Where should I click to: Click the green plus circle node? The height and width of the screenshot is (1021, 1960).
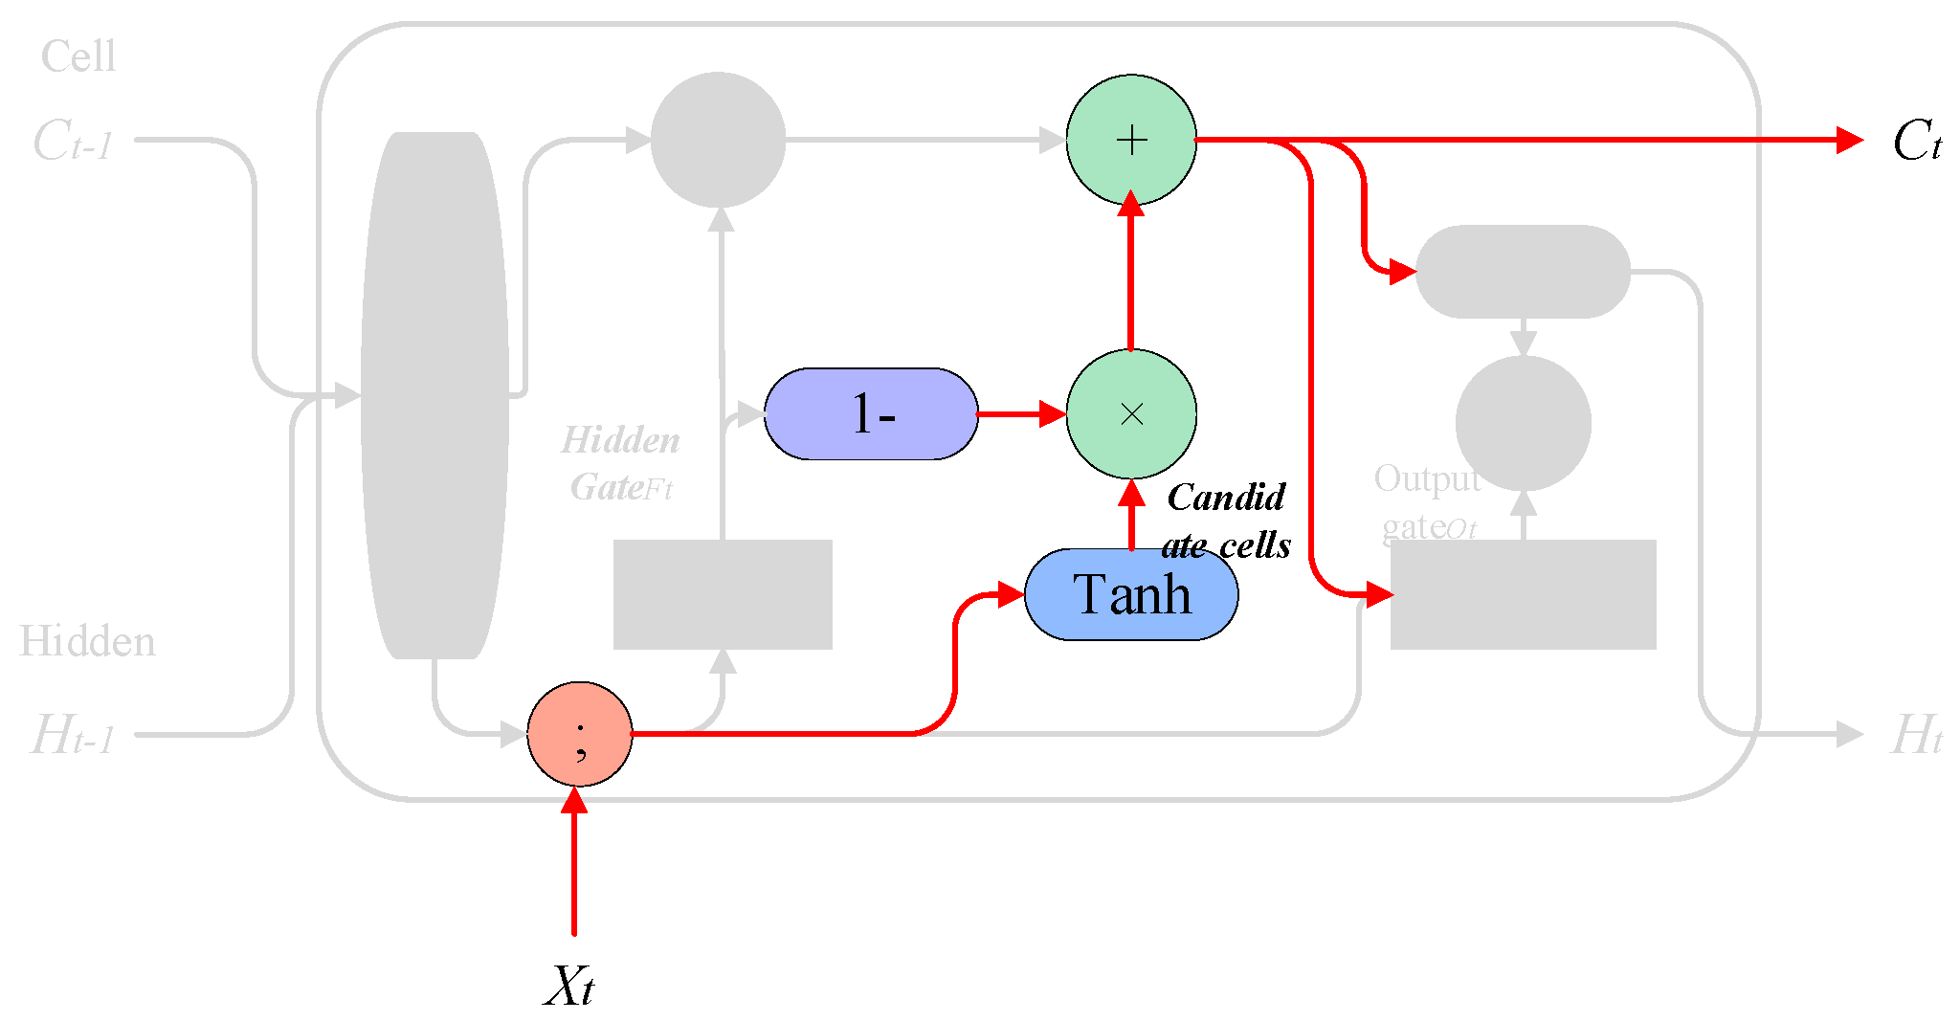(x=1131, y=140)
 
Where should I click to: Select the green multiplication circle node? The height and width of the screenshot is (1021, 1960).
(x=1131, y=413)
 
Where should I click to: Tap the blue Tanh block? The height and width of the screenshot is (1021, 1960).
(x=1131, y=594)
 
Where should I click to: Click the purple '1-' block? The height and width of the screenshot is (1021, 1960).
(x=871, y=413)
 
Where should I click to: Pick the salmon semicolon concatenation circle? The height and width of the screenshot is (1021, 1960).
(x=580, y=734)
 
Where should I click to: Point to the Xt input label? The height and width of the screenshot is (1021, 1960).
(x=570, y=986)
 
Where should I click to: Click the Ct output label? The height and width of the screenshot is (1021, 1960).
(x=1916, y=142)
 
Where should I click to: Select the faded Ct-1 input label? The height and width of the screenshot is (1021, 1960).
(x=73, y=142)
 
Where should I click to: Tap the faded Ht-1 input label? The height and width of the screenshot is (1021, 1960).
(x=73, y=736)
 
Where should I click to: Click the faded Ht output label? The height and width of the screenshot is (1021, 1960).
(x=1916, y=736)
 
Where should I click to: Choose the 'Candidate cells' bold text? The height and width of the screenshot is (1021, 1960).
(x=1226, y=522)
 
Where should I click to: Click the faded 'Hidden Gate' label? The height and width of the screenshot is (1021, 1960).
(x=620, y=464)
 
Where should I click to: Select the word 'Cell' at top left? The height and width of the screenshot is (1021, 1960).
(x=78, y=56)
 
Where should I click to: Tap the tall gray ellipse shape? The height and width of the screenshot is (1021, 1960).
(x=434, y=395)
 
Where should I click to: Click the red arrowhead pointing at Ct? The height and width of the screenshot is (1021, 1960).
(x=1849, y=141)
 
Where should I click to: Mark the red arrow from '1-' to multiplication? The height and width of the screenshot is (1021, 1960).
(x=1020, y=413)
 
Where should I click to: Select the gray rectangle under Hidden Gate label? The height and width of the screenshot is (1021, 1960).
(x=723, y=594)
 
